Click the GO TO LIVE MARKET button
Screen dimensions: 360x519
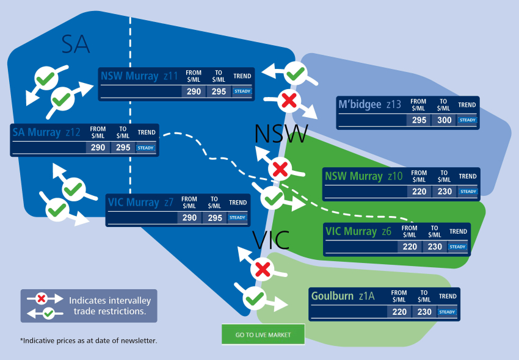pyautogui.click(x=263, y=334)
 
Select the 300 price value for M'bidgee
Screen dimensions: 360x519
pyautogui.click(x=445, y=120)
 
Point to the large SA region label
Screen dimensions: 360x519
pyautogui.click(x=76, y=44)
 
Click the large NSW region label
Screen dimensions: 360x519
pyautogui.click(x=281, y=134)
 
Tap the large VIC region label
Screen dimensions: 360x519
pyautogui.click(x=272, y=240)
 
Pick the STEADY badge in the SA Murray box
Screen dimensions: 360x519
pyautogui.click(x=145, y=148)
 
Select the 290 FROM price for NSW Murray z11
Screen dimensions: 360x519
pyautogui.click(x=194, y=92)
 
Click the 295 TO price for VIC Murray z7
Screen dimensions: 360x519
pyautogui.click(x=215, y=218)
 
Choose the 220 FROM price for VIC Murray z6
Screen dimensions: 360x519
pyautogui.click(x=410, y=247)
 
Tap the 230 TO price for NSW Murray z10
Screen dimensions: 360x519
pyautogui.click(x=444, y=192)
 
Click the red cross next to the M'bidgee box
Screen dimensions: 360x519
pyautogui.click(x=288, y=99)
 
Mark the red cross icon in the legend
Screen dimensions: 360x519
pyautogui.click(x=42, y=298)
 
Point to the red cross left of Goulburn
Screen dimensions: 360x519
pyautogui.click(x=263, y=268)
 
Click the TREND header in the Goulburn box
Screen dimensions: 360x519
pyautogui.click(x=448, y=297)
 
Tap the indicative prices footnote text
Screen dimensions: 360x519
pyautogui.click(x=89, y=340)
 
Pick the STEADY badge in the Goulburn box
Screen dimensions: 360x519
pyautogui.click(x=448, y=312)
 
